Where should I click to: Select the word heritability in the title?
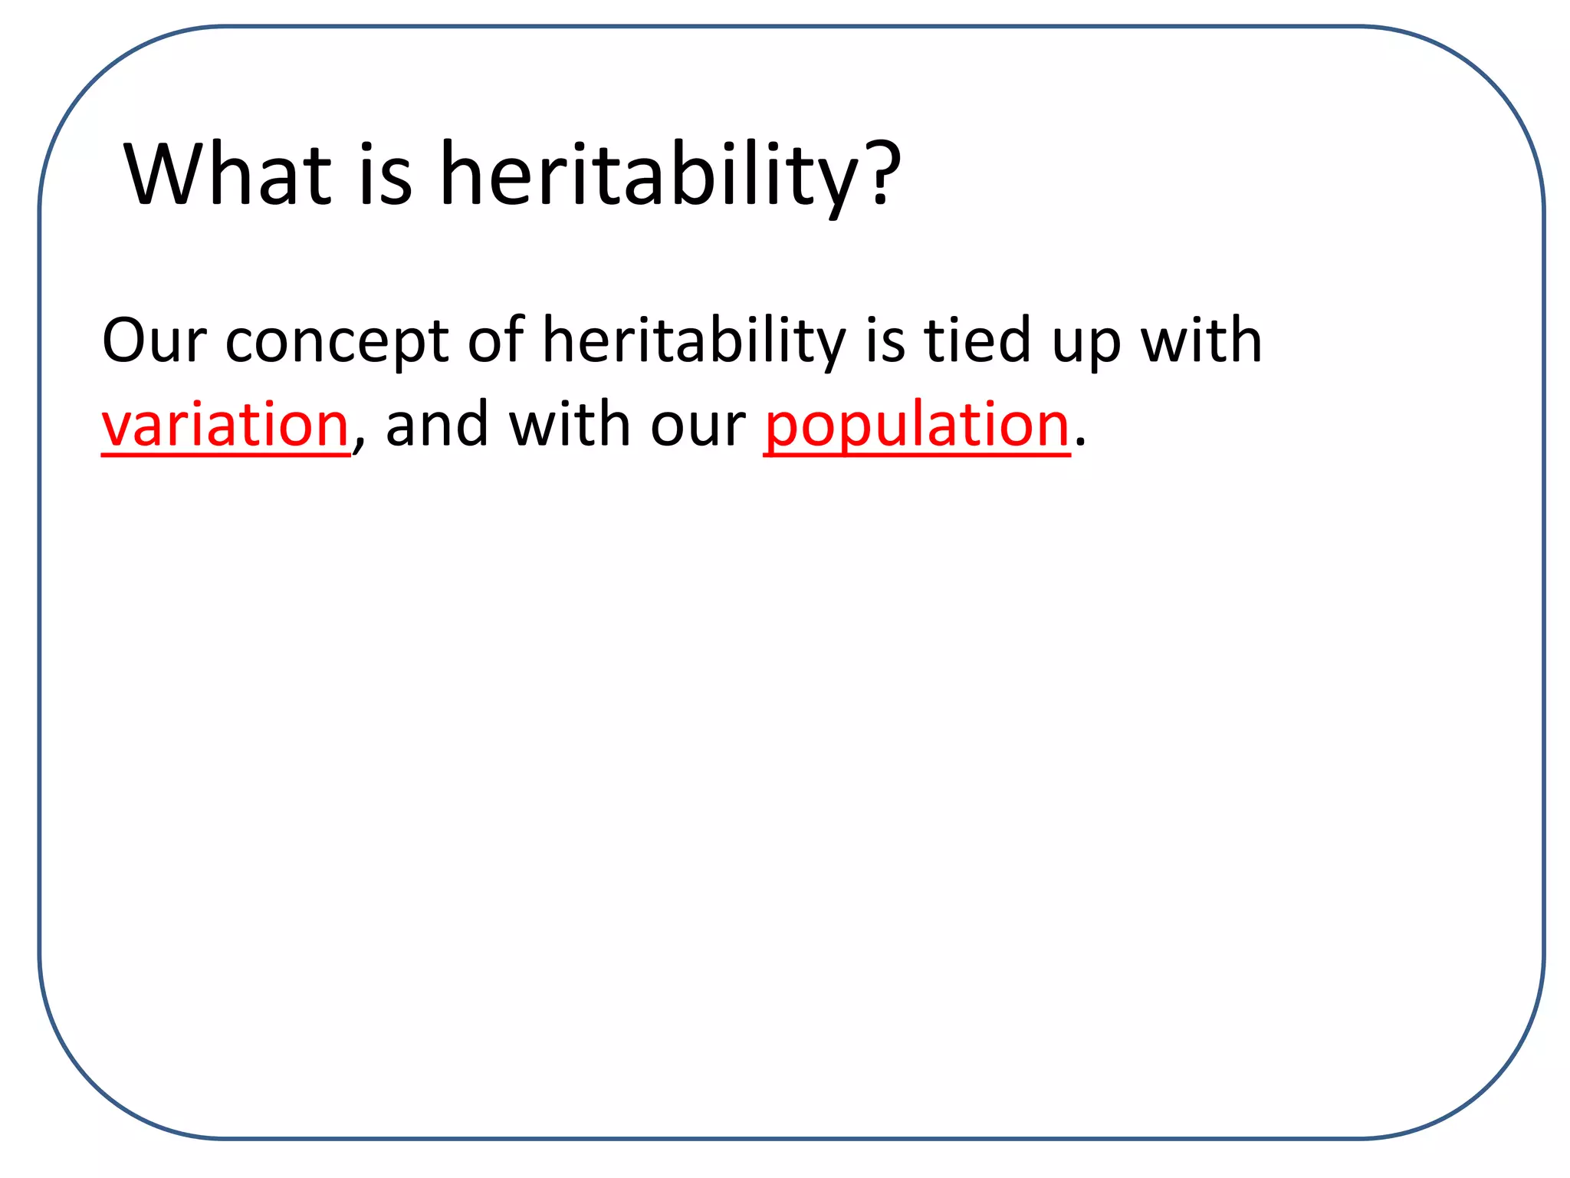pos(648,176)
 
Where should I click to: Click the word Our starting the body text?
pos(154,341)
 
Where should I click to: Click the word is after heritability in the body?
pos(885,341)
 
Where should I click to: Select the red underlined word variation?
pos(225,425)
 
